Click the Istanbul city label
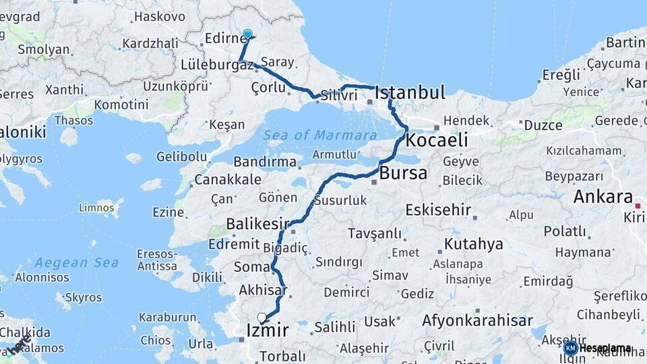[410, 92]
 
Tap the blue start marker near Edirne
[247, 34]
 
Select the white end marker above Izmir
[261, 317]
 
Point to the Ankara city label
[603, 198]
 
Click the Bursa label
[403, 173]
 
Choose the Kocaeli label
[437, 140]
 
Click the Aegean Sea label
[77, 262]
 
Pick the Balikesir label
[257, 224]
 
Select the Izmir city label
[268, 331]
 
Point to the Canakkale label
[228, 180]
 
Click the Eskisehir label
[438, 210]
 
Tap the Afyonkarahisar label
[477, 321]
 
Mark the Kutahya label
[474, 244]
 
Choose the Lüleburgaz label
[217, 65]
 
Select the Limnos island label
[96, 207]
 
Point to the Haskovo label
[160, 16]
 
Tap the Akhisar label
[263, 291]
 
